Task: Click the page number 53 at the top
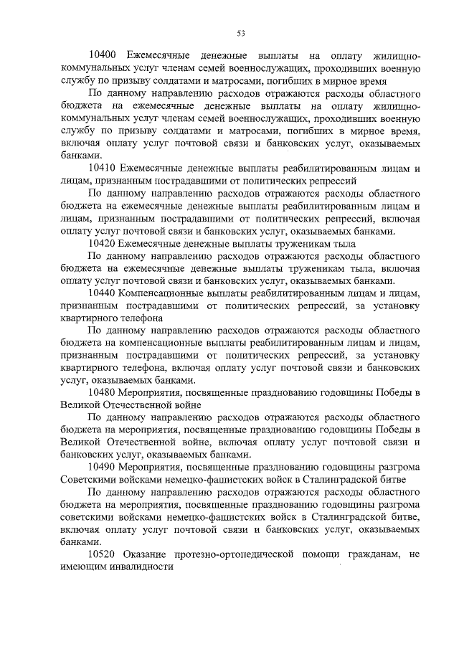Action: tap(242, 31)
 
